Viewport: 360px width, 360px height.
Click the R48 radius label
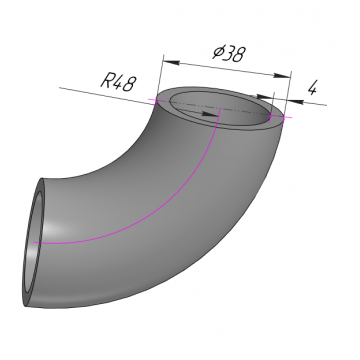pyautogui.click(x=119, y=83)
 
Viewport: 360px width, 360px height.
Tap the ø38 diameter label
pyautogui.click(x=230, y=53)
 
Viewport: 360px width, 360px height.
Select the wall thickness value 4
pyautogui.click(x=312, y=88)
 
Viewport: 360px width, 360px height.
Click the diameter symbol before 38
pyautogui.click(x=218, y=52)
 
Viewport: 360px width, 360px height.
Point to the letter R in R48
pyautogui.click(x=107, y=81)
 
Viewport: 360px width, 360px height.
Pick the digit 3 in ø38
pyautogui.click(x=229, y=53)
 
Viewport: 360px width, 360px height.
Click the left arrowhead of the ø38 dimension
pyautogui.click(x=171, y=62)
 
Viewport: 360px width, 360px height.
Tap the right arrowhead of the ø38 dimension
pyautogui.click(x=282, y=76)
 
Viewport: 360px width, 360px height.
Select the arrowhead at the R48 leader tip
pyautogui.click(x=210, y=114)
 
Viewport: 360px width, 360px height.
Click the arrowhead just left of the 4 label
pyautogui.click(x=295, y=101)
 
